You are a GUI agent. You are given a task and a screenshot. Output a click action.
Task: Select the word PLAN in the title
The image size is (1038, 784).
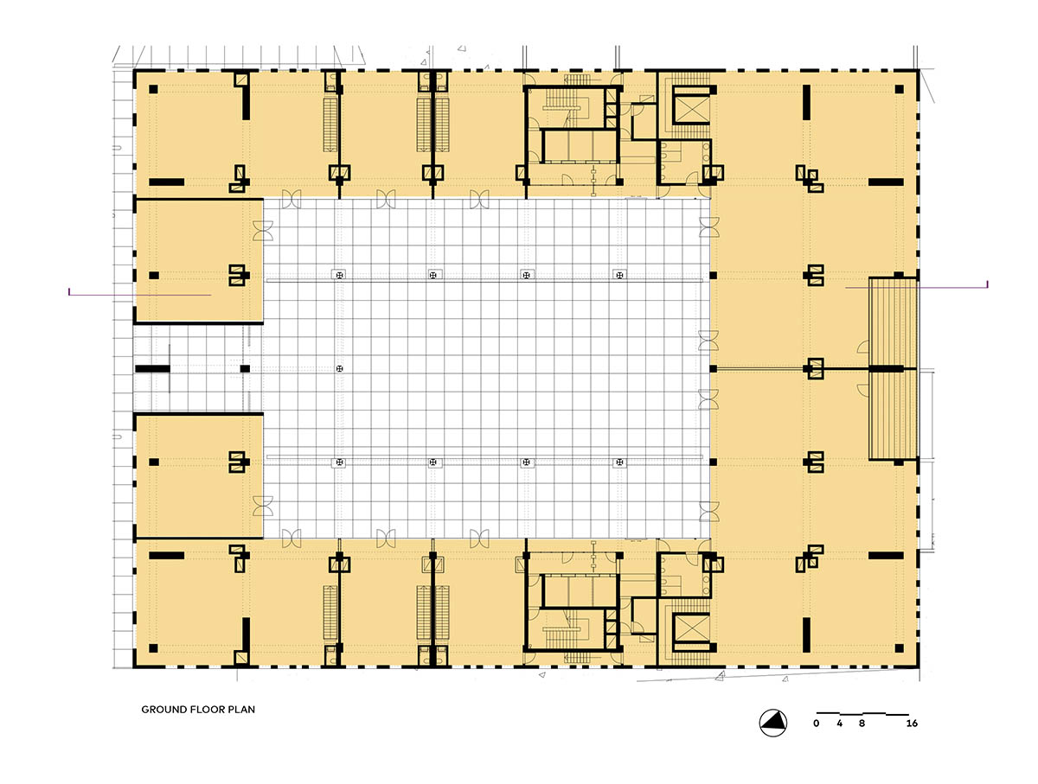pyautogui.click(x=241, y=710)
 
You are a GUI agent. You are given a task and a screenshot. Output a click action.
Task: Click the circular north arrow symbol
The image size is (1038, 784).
pyautogui.click(x=772, y=723)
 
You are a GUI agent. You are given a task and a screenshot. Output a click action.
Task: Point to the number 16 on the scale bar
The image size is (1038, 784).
pyautogui.click(x=912, y=723)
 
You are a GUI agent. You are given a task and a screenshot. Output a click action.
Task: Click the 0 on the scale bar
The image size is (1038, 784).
pyautogui.click(x=817, y=723)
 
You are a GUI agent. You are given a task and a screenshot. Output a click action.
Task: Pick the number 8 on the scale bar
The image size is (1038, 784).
pyautogui.click(x=862, y=723)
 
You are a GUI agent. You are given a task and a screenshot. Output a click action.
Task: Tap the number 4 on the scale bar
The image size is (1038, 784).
pyautogui.click(x=839, y=723)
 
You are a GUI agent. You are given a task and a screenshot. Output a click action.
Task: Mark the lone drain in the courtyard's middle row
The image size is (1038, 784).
pyautogui.click(x=340, y=368)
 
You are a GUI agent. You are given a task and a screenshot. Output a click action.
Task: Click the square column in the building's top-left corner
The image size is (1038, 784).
pyautogui.click(x=153, y=89)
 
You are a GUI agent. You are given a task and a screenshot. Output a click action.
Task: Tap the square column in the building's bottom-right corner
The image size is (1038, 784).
pyautogui.click(x=899, y=648)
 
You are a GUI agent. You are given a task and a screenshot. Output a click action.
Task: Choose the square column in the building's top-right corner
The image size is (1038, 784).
pyautogui.click(x=899, y=89)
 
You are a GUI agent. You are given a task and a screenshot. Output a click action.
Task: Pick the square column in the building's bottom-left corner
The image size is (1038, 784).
pyautogui.click(x=153, y=648)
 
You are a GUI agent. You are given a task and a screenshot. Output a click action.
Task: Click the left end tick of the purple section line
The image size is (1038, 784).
pyautogui.click(x=69, y=291)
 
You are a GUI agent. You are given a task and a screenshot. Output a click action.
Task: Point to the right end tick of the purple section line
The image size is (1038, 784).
pyautogui.click(x=988, y=284)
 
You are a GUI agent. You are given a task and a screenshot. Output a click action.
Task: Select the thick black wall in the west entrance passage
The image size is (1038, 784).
pyautogui.click(x=152, y=368)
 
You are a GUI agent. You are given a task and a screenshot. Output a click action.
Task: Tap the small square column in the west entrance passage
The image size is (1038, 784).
pyautogui.click(x=245, y=368)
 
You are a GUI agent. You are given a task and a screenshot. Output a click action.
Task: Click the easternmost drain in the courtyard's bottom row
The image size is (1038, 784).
pyautogui.click(x=619, y=462)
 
